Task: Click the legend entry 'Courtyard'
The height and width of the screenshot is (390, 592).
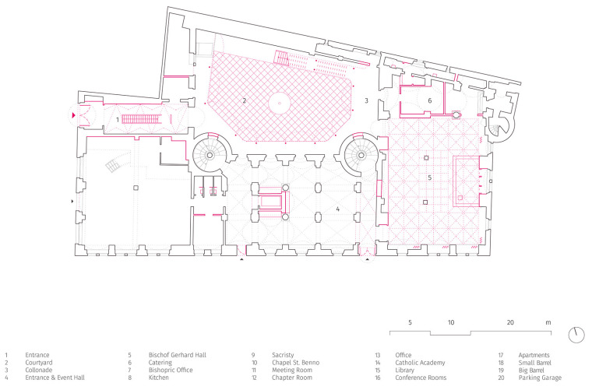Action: (x=38, y=362)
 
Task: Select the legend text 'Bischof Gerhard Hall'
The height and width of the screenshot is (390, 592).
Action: (x=178, y=354)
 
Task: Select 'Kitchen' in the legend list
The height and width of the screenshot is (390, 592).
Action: (x=159, y=377)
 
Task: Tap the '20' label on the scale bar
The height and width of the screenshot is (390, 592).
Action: (x=510, y=321)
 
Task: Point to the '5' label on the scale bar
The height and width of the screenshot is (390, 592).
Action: (x=410, y=321)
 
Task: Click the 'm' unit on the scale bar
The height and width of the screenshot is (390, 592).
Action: (x=548, y=321)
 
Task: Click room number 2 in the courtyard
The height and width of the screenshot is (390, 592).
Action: (x=244, y=100)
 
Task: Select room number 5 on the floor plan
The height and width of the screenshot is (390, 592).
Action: (x=428, y=177)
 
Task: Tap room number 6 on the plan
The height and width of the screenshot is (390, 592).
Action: (x=429, y=100)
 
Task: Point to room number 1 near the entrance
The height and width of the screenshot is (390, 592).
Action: (x=118, y=120)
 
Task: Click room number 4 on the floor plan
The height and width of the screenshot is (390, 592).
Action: (x=337, y=209)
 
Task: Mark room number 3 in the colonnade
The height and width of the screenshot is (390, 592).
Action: (x=365, y=100)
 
